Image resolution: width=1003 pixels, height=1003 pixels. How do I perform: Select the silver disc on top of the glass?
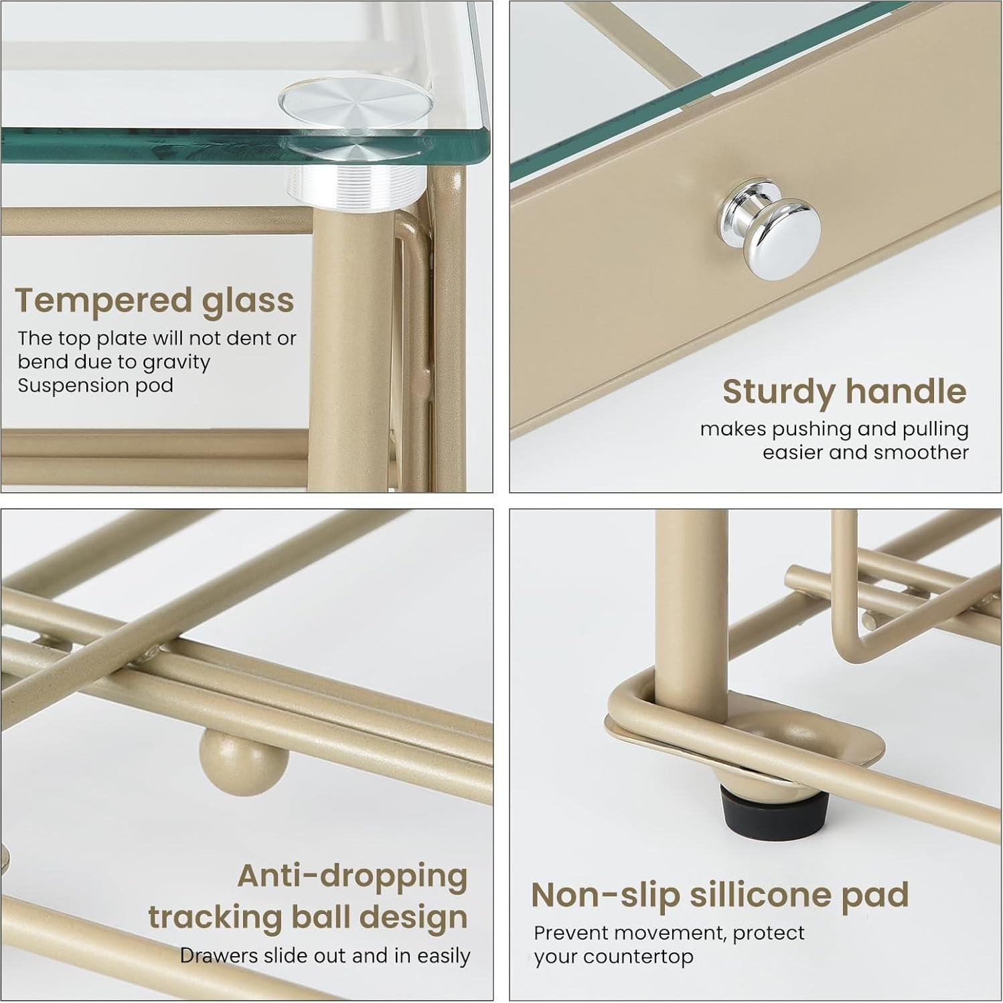(x=355, y=103)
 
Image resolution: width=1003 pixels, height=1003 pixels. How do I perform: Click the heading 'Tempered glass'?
(x=155, y=301)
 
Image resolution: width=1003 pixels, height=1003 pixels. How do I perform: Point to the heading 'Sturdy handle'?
(x=844, y=392)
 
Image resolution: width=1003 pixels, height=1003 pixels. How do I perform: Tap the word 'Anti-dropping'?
(x=353, y=876)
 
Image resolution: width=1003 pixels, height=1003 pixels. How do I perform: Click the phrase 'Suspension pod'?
(x=95, y=386)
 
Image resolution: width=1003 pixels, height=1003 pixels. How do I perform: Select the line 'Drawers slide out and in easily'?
(x=325, y=955)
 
